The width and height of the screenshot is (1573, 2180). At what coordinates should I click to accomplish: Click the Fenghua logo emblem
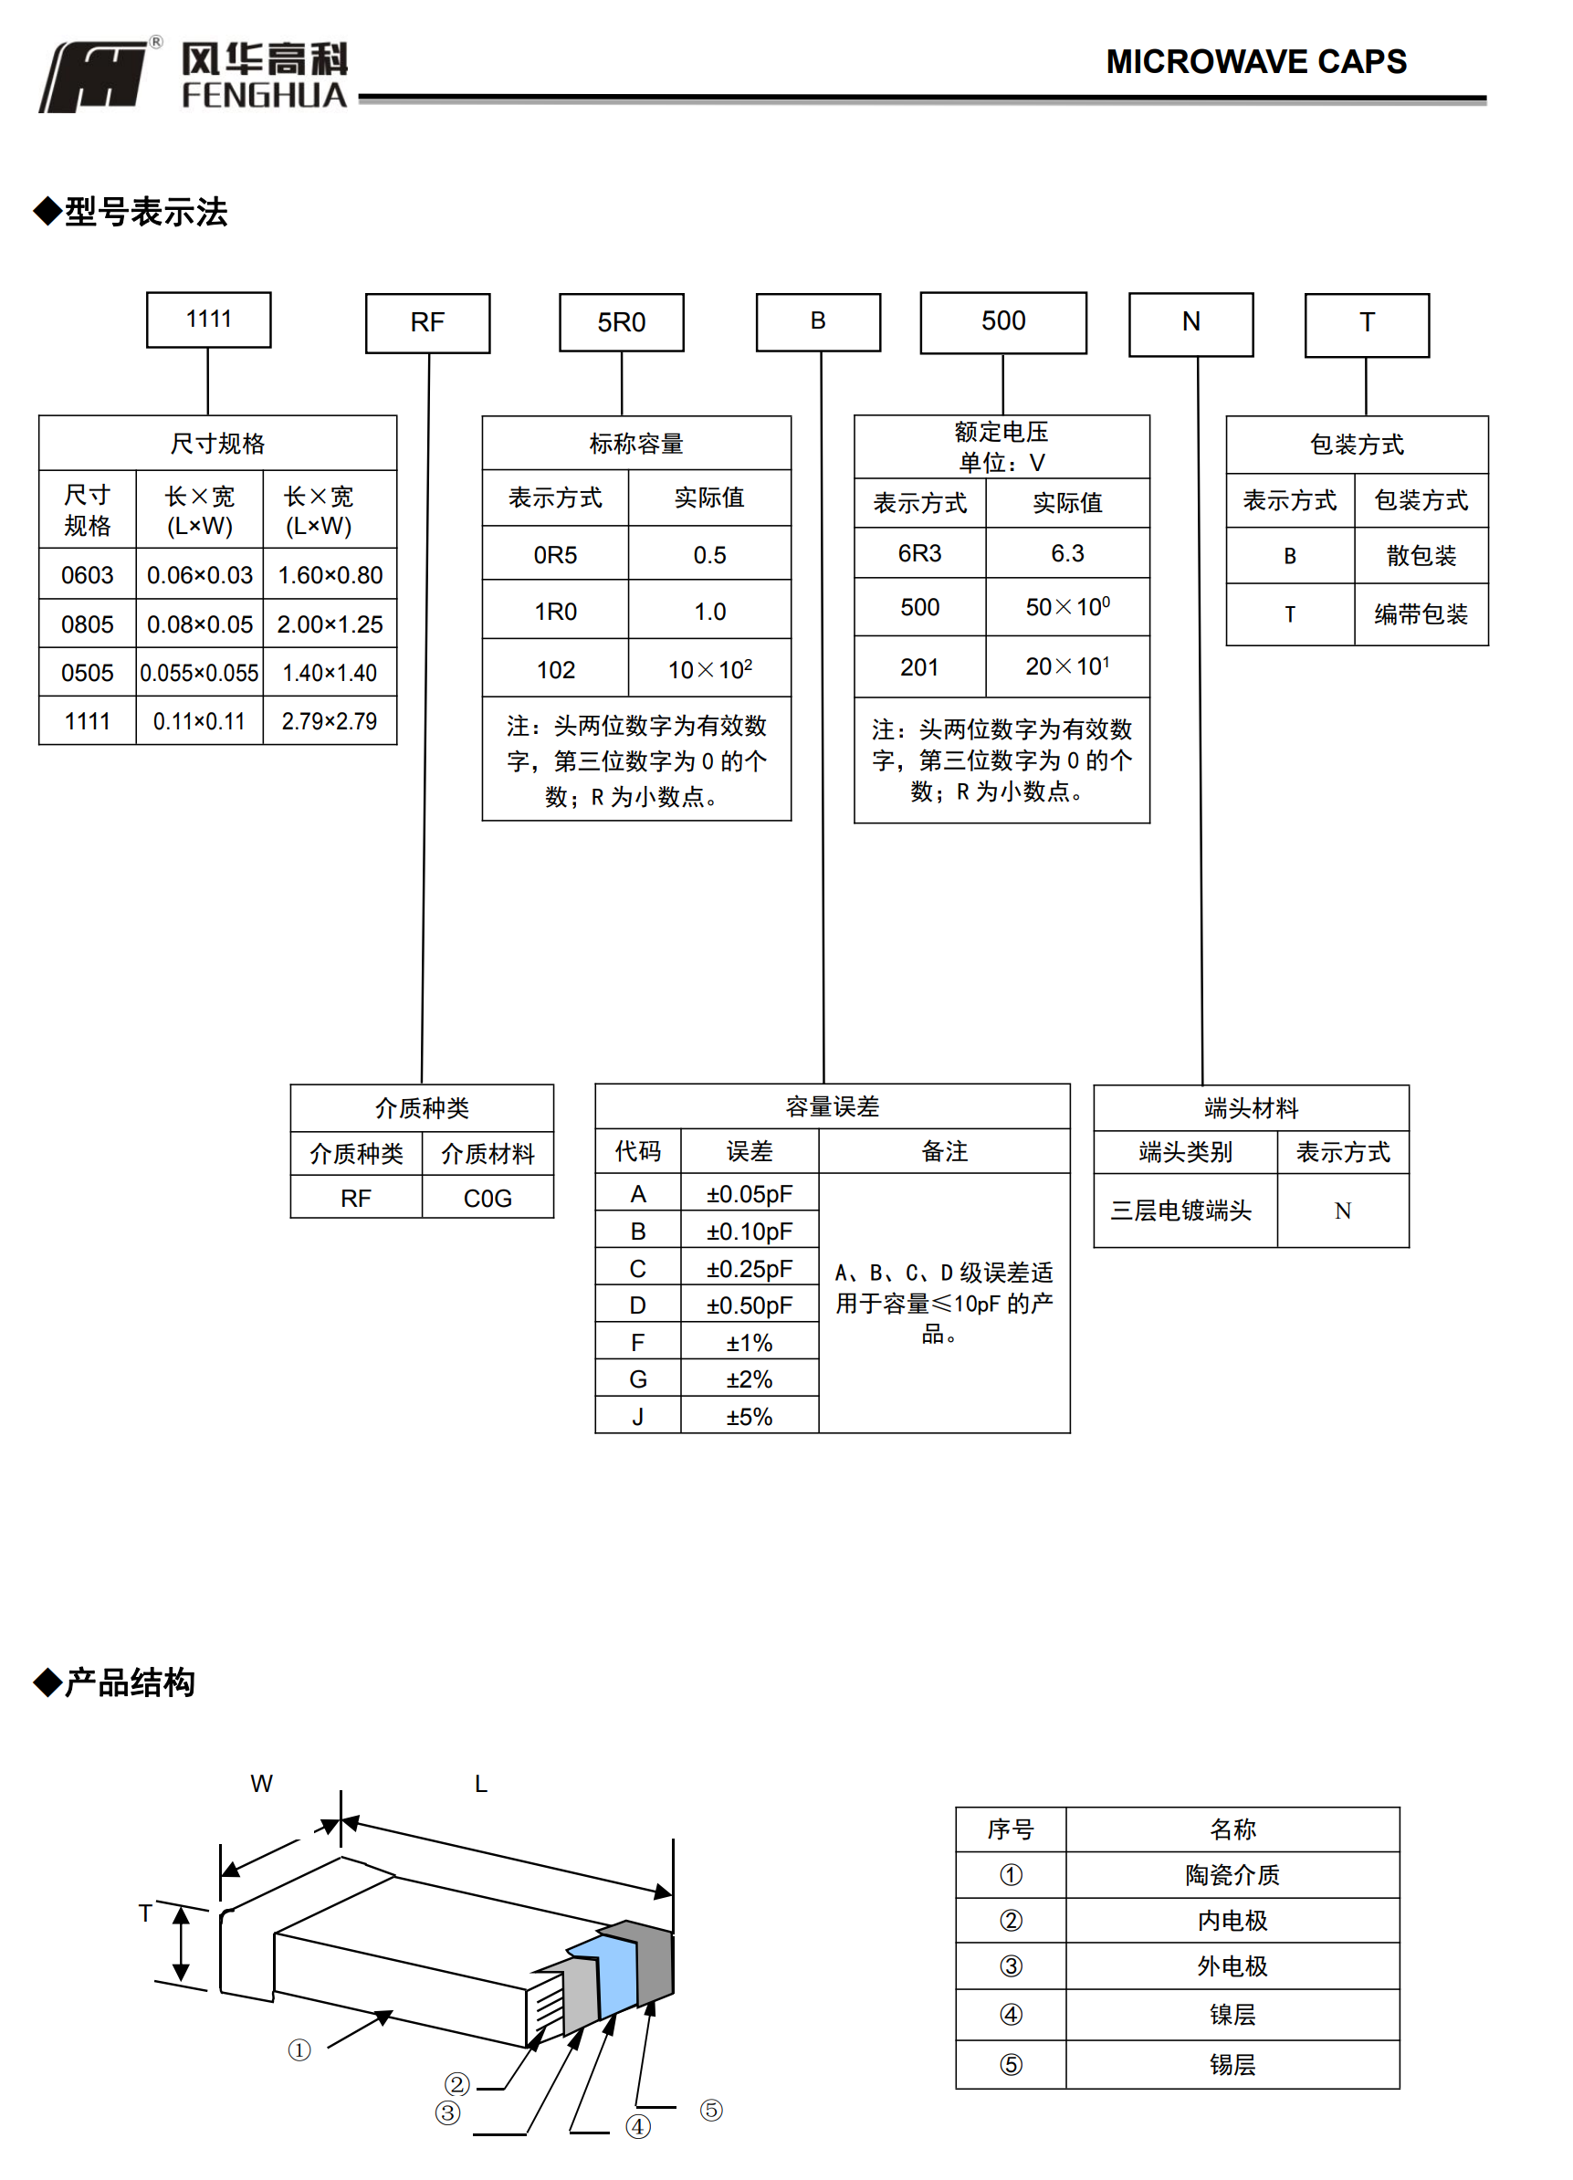point(94,77)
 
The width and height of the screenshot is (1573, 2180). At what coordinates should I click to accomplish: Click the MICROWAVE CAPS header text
point(1254,61)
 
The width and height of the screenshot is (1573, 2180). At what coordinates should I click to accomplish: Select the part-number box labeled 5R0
point(621,323)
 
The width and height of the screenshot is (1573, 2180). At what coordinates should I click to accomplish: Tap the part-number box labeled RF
point(427,323)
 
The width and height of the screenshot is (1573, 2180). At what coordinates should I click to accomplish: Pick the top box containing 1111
point(209,320)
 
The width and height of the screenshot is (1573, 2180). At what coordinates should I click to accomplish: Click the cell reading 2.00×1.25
point(330,624)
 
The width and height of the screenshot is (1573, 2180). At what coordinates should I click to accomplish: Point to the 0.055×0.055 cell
point(199,673)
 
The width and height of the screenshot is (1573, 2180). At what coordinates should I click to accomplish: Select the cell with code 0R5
point(555,555)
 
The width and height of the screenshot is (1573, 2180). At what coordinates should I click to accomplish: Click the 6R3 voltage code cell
point(919,553)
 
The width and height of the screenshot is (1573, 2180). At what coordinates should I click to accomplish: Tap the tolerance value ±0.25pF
point(749,1269)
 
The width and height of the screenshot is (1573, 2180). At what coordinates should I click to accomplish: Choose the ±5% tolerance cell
point(749,1417)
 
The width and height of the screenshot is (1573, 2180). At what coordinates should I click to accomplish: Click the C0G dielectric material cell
point(488,1199)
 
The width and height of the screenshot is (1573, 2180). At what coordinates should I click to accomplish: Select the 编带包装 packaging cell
point(1421,614)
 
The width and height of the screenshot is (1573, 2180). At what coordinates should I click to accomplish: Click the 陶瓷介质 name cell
point(1232,1874)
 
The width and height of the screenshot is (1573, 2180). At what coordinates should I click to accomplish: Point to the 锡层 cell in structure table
point(1232,2065)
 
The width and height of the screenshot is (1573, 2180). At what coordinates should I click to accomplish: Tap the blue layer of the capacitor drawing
point(615,1976)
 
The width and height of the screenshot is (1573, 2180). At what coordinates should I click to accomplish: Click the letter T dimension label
point(145,1913)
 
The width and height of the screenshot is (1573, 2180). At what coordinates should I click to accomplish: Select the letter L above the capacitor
point(481,1784)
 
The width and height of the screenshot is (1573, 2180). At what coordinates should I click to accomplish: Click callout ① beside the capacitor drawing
point(299,2050)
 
